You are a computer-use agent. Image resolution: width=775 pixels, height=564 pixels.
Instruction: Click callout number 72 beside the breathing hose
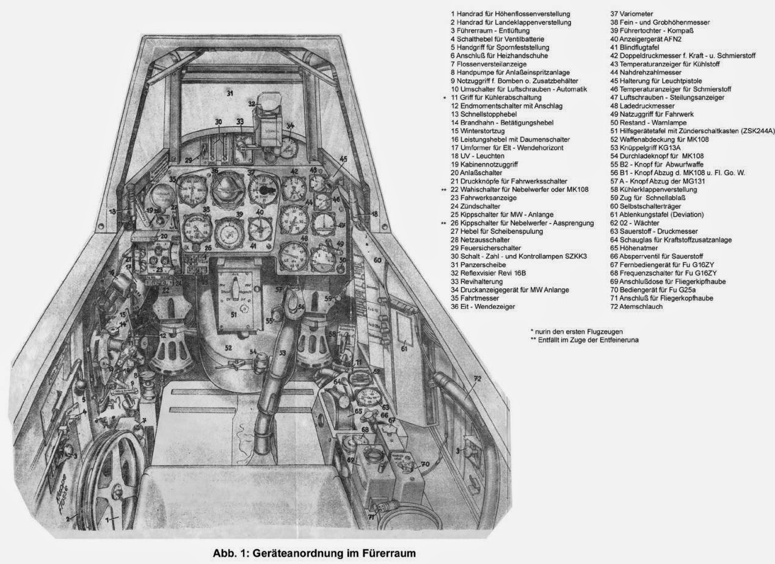click(x=478, y=379)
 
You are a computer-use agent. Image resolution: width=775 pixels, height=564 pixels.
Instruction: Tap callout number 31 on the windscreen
click(x=230, y=94)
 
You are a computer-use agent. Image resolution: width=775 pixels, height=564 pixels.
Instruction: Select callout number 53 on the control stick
click(x=282, y=353)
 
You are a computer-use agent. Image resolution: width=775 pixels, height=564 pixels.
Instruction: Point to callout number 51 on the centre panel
click(x=233, y=316)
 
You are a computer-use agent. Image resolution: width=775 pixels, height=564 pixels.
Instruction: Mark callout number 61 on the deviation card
click(x=404, y=349)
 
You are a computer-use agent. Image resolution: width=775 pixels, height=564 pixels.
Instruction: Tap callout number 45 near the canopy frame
click(x=343, y=159)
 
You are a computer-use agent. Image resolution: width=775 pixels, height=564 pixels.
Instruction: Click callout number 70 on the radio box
click(x=424, y=464)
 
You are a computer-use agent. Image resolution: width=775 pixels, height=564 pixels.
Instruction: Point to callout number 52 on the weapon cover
click(x=228, y=348)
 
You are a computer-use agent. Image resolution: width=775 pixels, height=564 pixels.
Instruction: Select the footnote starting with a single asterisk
click(x=577, y=331)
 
